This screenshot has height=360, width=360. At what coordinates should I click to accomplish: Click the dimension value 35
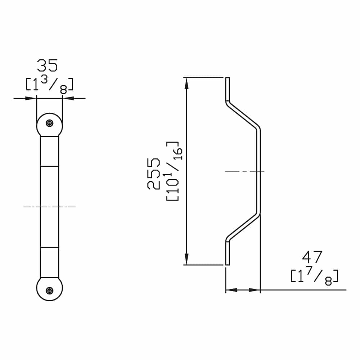tap(47, 66)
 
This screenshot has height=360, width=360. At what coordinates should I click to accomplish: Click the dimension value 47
tap(312, 257)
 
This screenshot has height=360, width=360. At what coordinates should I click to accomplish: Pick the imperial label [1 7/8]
tap(314, 276)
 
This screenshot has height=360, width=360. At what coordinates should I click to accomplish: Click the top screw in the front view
tap(50, 123)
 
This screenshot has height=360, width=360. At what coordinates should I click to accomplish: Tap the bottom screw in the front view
tap(50, 290)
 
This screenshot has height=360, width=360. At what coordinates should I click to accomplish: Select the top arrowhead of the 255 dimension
tap(186, 83)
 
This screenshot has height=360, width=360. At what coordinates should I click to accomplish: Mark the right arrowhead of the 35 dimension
tap(68, 98)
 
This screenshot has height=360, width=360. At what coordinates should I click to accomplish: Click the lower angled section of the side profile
tap(243, 227)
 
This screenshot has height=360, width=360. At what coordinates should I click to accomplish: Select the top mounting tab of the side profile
tap(228, 88)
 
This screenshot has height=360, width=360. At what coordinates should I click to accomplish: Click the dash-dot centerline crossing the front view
tap(49, 207)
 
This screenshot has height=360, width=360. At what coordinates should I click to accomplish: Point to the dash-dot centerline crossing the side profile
tap(245, 171)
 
